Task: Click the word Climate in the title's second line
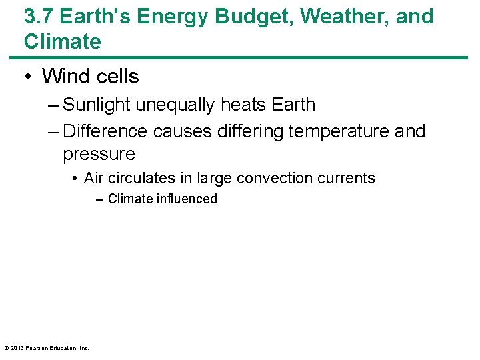coord(63,41)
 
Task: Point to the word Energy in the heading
coord(183,16)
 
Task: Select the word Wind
coord(65,77)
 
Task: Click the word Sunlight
coord(99,105)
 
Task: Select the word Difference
coord(105,131)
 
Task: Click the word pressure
coord(99,154)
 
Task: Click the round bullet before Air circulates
coord(77,178)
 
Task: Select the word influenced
coord(187,199)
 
